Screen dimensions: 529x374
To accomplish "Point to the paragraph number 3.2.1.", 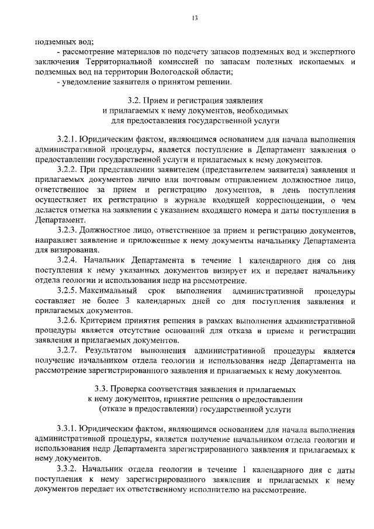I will point(68,141).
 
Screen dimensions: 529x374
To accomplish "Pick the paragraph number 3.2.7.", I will point(68,351).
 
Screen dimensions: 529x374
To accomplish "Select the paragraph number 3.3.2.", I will point(68,469).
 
